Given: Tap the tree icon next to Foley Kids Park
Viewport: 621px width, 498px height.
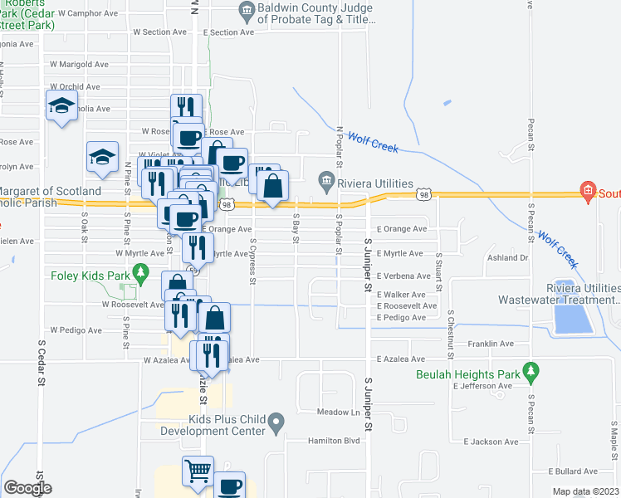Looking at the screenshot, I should [x=141, y=271].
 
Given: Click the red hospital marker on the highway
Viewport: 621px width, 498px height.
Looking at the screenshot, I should [x=589, y=191].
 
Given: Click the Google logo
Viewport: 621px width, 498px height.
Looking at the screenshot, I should [x=29, y=488].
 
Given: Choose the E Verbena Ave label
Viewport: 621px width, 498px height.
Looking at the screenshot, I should [x=403, y=276].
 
